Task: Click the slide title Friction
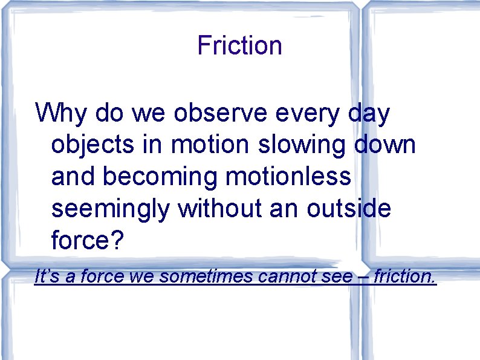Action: point(239,45)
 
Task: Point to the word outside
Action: point(349,209)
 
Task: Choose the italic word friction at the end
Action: point(404,277)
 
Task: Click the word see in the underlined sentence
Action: point(337,277)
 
